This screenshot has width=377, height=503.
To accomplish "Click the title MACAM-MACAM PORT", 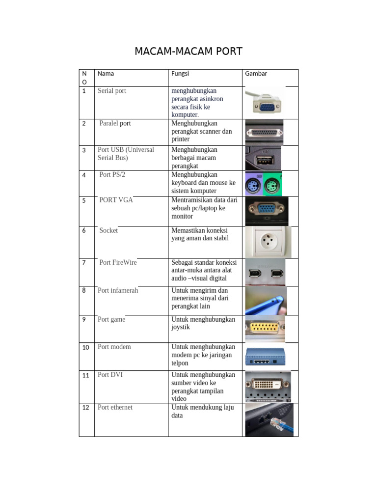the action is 188,51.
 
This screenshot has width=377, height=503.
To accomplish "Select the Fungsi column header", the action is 180,74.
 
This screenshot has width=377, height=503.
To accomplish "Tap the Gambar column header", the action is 256,74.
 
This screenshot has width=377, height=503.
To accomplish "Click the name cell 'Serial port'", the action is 112,91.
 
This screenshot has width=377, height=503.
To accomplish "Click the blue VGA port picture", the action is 267,211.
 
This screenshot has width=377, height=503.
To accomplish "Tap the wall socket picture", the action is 269,242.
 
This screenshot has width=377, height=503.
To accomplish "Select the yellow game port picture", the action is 265,329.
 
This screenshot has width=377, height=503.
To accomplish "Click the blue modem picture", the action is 265,357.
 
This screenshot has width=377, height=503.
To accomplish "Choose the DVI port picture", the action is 268,387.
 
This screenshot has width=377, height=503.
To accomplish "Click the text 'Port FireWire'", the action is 118,262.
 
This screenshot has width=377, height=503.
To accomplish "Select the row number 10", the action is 85,347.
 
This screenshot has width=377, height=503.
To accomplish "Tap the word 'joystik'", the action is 181,327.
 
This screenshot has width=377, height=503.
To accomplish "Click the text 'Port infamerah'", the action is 118,290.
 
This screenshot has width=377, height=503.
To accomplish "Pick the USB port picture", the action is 263,158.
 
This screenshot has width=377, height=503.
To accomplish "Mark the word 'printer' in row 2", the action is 181,139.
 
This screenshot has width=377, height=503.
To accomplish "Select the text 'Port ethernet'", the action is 115,407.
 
